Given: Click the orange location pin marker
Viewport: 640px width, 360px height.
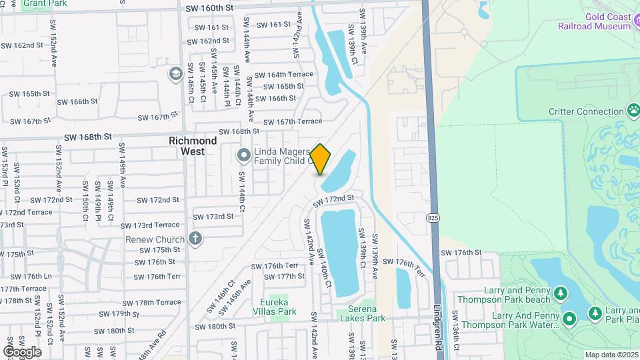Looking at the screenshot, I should click(321, 159).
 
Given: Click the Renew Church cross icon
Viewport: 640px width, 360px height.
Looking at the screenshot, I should click(195, 239).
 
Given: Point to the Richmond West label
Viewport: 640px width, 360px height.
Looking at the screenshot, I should click(193, 146).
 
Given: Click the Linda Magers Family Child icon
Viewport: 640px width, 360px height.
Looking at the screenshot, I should click(244, 155).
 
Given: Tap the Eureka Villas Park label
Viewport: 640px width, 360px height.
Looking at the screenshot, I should click(278, 306).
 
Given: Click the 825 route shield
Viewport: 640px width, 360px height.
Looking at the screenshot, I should click(433, 218).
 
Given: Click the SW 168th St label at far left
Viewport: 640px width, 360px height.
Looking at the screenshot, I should click(87, 137).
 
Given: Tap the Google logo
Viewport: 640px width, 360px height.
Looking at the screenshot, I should click(22, 351).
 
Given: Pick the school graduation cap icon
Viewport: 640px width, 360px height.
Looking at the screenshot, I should click(176, 73).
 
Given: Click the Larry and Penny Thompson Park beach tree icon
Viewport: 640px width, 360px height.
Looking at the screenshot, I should click(561, 293).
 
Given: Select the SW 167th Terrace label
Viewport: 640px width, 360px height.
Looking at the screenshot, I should click(293, 121).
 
